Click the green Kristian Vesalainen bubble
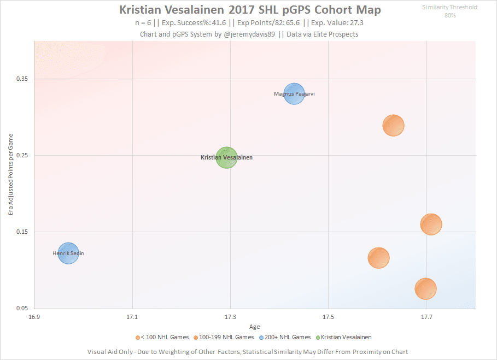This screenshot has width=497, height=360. [x=226, y=158]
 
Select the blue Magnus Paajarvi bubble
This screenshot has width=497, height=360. [x=294, y=94]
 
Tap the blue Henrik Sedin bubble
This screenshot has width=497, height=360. [x=68, y=253]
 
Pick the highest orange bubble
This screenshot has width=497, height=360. [x=393, y=125]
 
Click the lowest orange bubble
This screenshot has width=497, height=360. [x=425, y=288]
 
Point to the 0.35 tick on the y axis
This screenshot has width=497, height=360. [x=24, y=79]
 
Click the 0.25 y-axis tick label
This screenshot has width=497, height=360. [x=24, y=156]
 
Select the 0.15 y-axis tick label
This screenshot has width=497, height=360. [x=24, y=232]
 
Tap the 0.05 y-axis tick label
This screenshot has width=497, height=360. [x=24, y=309]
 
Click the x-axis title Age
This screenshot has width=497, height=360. [x=255, y=327]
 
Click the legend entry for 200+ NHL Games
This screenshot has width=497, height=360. [x=286, y=338]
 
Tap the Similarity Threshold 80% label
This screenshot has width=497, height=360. [x=450, y=11]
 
